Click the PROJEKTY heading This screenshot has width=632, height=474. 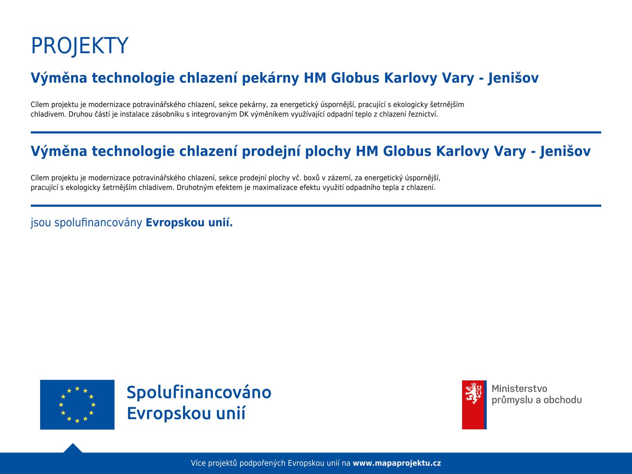pos(80,46)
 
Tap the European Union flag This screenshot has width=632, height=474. pos(77,404)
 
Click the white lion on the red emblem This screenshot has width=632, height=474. pos(473,393)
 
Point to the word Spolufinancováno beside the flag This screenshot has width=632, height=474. pos(199,392)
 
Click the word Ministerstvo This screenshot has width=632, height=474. pos(519,389)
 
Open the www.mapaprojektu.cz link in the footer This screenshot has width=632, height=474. pos(397,463)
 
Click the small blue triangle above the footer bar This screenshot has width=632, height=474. pos(73,448)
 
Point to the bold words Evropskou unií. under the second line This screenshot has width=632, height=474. pos(189,222)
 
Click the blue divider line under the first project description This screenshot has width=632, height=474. pos(316,132)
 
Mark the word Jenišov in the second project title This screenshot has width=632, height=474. pos(565,151)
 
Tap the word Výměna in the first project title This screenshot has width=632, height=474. pos(59,78)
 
